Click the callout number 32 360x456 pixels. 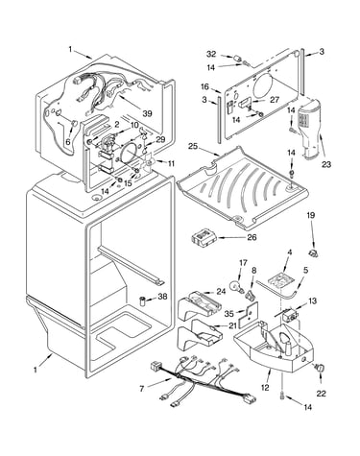(x=211, y=54)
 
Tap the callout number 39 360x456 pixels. (x=147, y=113)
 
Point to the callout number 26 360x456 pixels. (x=252, y=237)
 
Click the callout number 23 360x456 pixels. (x=326, y=164)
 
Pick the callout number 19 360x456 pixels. (x=311, y=215)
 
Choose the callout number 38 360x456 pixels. (x=163, y=297)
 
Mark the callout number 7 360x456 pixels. (x=142, y=389)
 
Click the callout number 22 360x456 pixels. (x=321, y=394)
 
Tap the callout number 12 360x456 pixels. (x=265, y=388)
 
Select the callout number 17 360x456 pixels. (x=243, y=263)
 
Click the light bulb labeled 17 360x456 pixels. (x=236, y=285)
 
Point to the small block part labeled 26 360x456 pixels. (x=203, y=238)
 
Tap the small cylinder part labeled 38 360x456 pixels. (x=143, y=300)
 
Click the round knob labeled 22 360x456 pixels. (x=320, y=368)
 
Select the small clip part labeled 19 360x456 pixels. (x=313, y=253)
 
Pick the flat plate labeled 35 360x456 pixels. (x=248, y=314)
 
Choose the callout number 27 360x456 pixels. (x=275, y=100)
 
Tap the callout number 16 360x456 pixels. (x=204, y=86)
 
